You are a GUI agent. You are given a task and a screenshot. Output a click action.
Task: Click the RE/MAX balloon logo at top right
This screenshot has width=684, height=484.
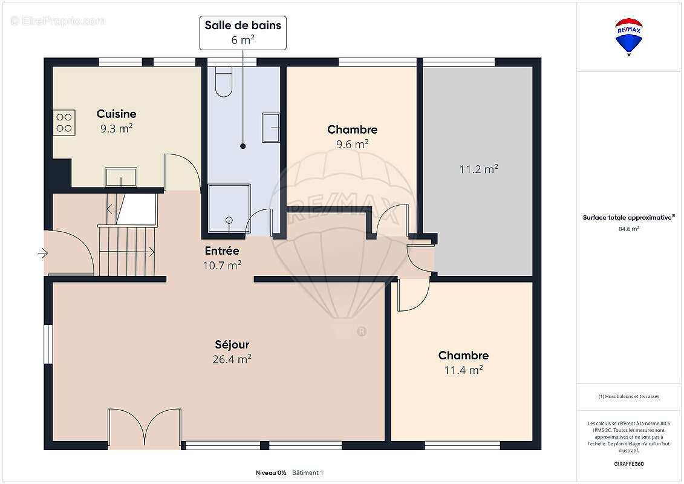[x=628, y=37]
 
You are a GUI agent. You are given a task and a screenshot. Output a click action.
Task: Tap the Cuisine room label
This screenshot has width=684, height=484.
[x=117, y=114]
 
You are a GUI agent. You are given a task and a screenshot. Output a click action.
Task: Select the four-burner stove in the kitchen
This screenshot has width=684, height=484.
[x=64, y=123]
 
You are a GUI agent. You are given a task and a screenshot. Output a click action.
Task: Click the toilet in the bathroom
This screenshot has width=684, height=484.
[x=224, y=82]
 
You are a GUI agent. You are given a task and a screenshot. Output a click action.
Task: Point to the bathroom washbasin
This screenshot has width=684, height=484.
[x=271, y=128]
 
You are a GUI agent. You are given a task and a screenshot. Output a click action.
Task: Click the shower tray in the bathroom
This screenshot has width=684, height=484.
[x=229, y=208]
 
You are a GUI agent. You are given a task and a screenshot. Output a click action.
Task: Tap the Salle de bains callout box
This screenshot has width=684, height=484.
[x=243, y=33]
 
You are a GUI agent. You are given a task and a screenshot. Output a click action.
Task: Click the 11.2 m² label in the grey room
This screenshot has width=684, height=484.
[x=478, y=169]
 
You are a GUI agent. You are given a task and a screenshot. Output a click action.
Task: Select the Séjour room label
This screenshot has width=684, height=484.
[x=232, y=344]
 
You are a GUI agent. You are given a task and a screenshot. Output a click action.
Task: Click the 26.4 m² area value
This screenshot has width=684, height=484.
[x=232, y=359]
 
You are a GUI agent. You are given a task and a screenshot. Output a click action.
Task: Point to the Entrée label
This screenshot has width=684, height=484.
[x=222, y=251]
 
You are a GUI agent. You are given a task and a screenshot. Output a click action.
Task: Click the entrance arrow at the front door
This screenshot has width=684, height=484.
[x=43, y=253]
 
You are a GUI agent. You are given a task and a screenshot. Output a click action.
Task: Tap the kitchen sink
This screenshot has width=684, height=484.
[x=121, y=177]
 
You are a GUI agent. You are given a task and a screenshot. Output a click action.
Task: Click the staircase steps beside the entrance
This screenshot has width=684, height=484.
[x=126, y=251]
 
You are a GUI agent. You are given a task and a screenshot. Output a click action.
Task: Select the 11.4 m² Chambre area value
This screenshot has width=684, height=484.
[x=463, y=370]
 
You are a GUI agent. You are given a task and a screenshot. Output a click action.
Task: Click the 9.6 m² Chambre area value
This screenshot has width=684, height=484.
[x=352, y=144]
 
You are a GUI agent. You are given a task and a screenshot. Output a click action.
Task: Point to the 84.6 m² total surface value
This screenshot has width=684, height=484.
[x=628, y=229]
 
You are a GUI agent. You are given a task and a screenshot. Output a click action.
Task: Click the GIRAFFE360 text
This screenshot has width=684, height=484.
[x=628, y=464]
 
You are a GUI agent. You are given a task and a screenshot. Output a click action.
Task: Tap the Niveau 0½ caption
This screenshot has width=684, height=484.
[x=271, y=473]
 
